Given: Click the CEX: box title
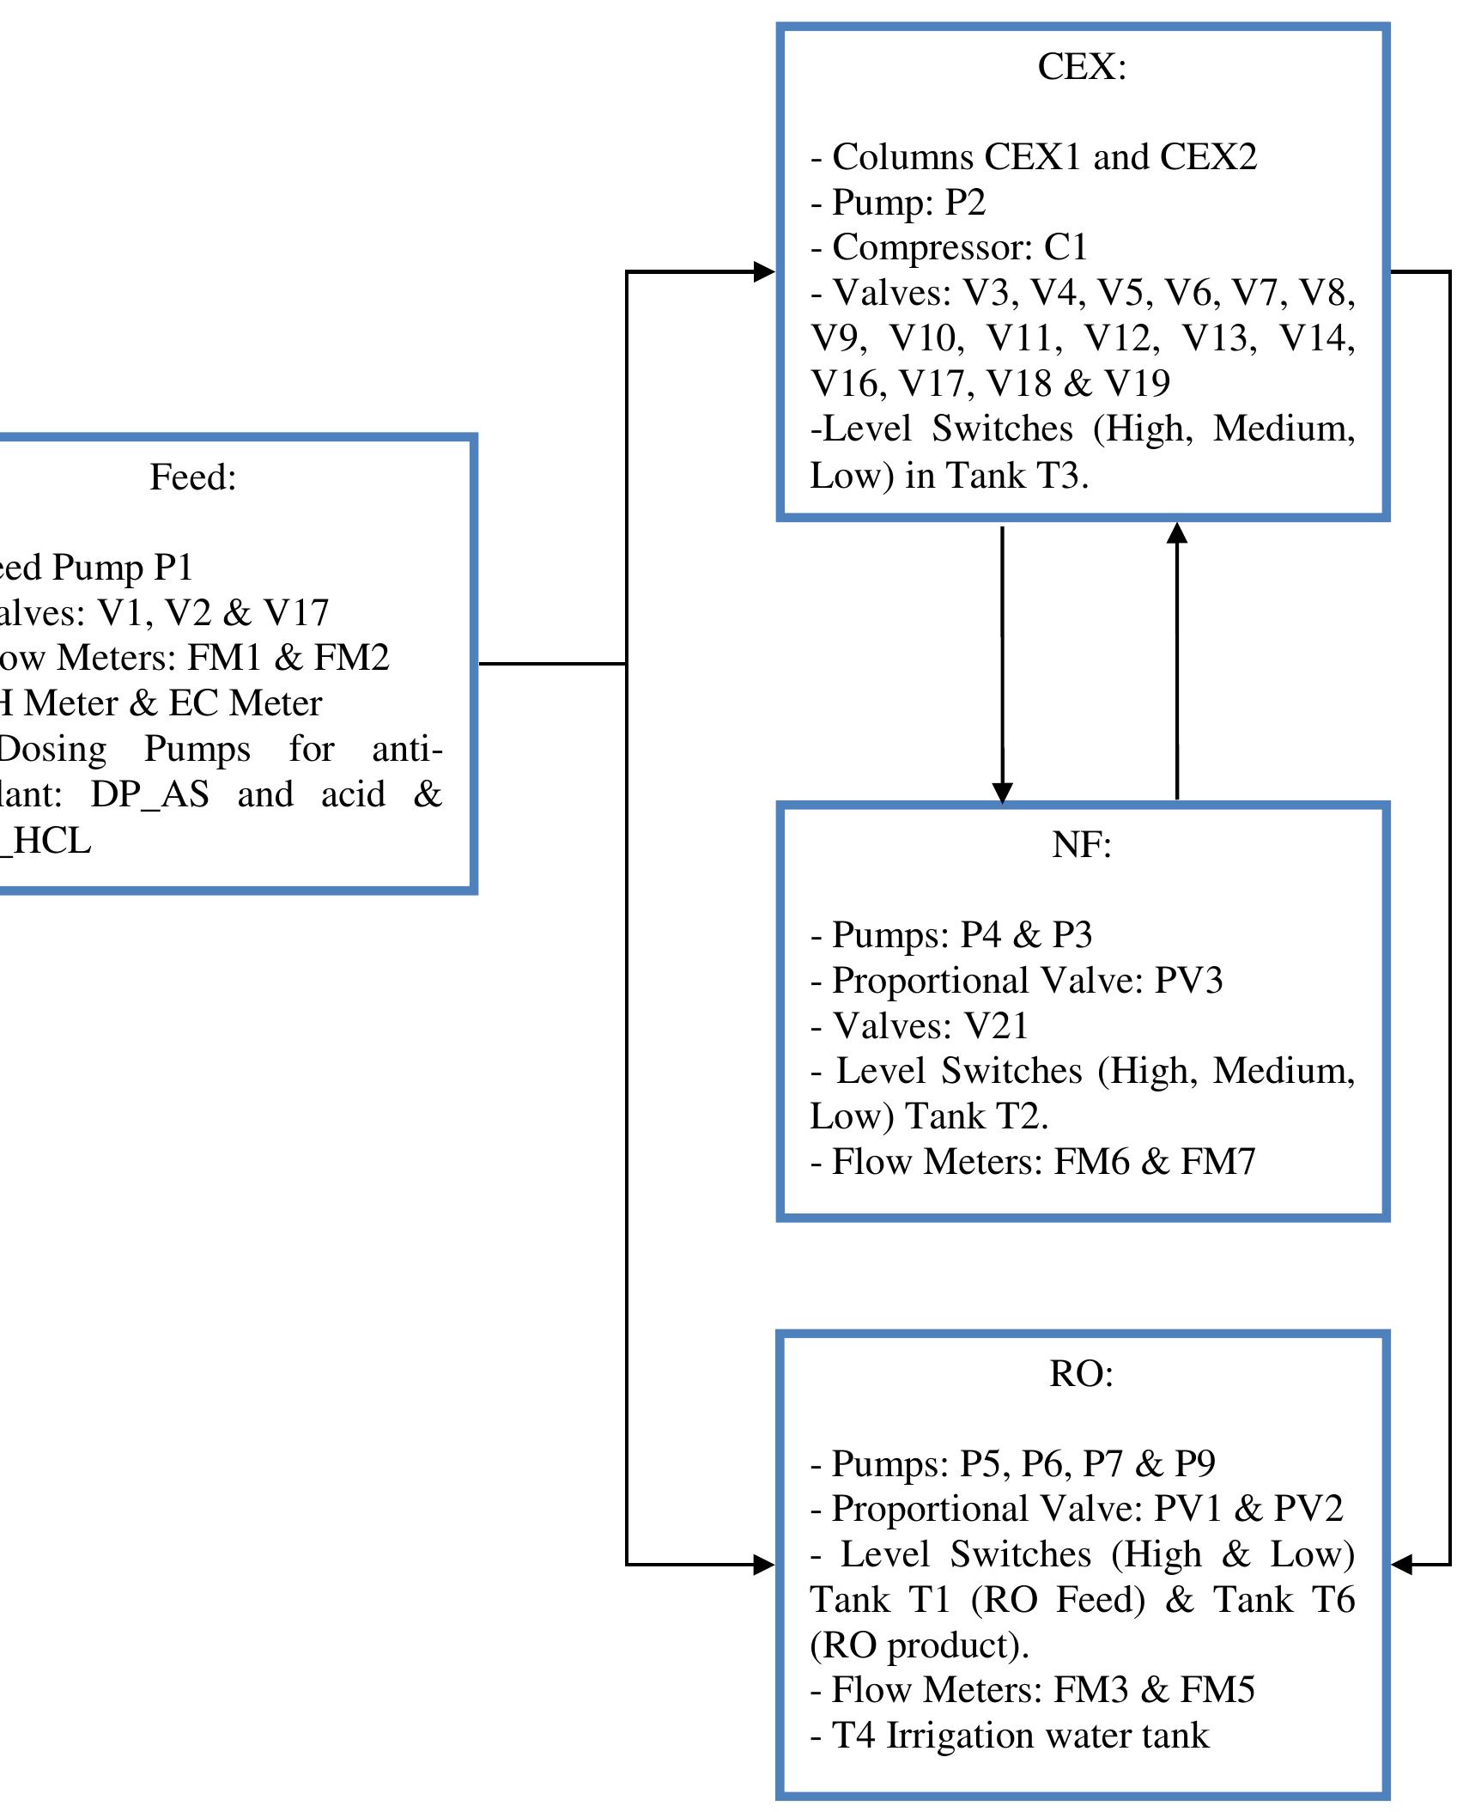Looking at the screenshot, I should (x=1081, y=67).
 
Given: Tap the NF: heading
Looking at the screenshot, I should (x=1081, y=845).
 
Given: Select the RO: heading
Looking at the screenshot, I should (x=1081, y=1373).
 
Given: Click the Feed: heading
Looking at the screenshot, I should (x=193, y=477).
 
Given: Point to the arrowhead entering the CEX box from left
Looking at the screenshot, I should (x=763, y=271).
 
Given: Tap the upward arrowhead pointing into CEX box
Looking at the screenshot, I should (x=1177, y=534).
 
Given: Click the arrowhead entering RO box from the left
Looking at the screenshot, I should (x=763, y=1565).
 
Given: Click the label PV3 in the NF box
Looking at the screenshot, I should (x=1188, y=981).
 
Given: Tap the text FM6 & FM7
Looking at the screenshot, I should (x=1154, y=1162).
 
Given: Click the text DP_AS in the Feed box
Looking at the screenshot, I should (x=149, y=794).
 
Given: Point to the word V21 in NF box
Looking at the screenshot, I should (x=996, y=1026).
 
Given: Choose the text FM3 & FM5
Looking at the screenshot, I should (x=1154, y=1690).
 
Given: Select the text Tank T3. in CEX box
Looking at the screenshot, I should (x=1017, y=475).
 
